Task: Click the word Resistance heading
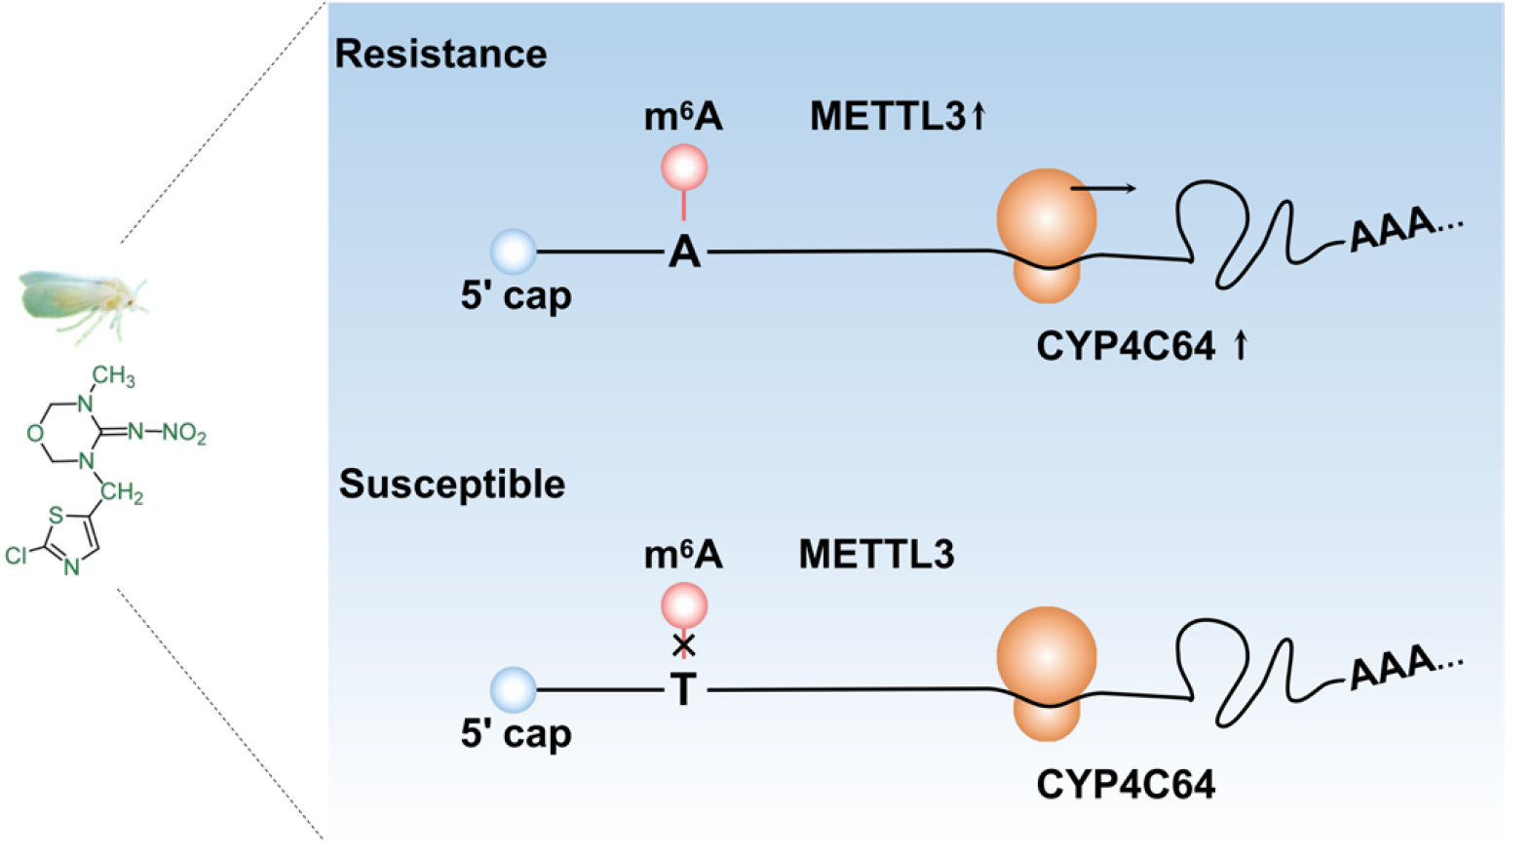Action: coord(441,54)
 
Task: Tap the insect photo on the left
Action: coord(83,305)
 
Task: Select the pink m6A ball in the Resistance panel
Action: coord(684,167)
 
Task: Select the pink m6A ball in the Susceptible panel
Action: coord(684,605)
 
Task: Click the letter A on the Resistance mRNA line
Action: coord(684,253)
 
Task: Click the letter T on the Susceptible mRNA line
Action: coord(684,689)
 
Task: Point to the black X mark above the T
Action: coord(684,644)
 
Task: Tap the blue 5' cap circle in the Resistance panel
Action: coord(514,252)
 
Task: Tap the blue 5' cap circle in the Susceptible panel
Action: coord(514,689)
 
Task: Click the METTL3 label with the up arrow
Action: coord(899,116)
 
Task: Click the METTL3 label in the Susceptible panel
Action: coord(877,554)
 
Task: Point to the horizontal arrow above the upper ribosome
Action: coord(1102,188)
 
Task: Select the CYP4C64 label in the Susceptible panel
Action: coord(1127,785)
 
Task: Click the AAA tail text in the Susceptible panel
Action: coord(1405,668)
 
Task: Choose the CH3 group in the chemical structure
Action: coord(113,375)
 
